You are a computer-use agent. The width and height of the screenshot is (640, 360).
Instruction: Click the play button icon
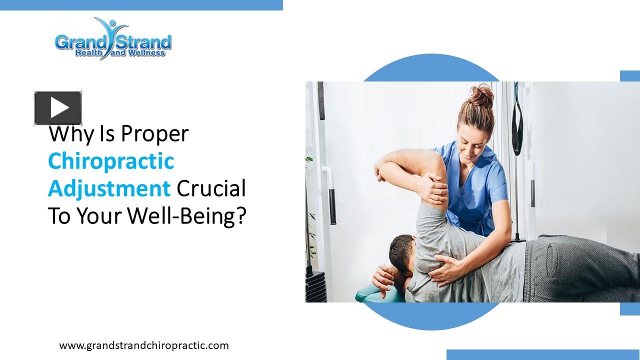(x=58, y=108)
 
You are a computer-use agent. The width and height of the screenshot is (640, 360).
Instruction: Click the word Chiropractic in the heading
(x=111, y=161)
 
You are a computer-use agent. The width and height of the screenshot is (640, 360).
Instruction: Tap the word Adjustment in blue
(x=109, y=189)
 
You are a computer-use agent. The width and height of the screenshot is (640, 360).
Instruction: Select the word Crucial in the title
(x=211, y=188)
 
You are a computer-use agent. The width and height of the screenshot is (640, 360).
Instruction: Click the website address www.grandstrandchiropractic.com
(x=144, y=345)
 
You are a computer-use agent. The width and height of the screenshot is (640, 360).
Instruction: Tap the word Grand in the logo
(x=80, y=42)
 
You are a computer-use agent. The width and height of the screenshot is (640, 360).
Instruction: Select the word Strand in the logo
(x=143, y=42)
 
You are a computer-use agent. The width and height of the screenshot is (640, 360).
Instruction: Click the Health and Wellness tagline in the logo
(x=120, y=53)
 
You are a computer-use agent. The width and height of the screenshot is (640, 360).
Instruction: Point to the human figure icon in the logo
(x=111, y=37)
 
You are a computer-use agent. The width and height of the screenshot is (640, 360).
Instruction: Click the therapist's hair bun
(x=481, y=95)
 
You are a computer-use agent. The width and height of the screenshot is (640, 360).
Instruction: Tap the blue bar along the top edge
(x=141, y=5)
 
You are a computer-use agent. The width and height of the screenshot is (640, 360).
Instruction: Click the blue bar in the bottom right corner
(x=543, y=354)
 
